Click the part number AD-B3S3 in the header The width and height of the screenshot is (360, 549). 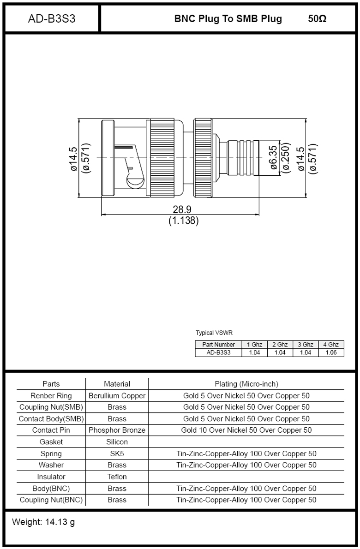(52, 19)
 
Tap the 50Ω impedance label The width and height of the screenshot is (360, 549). (317, 19)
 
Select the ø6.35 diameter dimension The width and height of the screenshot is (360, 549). (273, 158)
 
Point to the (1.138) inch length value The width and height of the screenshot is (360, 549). (183, 221)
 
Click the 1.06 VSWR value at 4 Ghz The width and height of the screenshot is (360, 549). (331, 352)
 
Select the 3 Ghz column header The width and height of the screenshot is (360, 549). (305, 345)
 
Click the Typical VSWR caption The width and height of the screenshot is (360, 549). (211, 333)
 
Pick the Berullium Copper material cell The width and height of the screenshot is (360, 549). (117, 396)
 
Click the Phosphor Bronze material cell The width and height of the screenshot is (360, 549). (117, 430)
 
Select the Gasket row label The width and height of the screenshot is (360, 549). (51, 442)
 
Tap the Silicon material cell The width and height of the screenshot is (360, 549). (117, 442)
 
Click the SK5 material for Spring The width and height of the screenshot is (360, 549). (117, 454)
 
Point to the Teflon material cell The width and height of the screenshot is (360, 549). (117, 477)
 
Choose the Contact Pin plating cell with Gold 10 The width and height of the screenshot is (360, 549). (246, 430)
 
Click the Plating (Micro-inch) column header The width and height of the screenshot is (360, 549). (246, 384)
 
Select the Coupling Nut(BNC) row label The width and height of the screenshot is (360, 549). (51, 500)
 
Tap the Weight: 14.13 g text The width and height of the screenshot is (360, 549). (43, 522)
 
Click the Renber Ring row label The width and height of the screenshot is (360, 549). (51, 396)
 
